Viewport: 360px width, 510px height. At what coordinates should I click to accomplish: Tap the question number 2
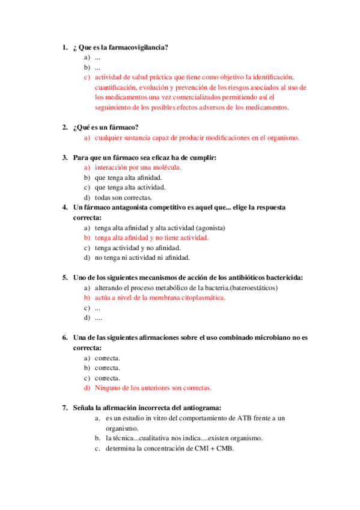tap(64, 127)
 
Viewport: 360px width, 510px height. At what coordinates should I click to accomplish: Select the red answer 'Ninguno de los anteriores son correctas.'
tap(153, 388)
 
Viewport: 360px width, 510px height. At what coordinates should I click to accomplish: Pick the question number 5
tap(64, 277)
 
